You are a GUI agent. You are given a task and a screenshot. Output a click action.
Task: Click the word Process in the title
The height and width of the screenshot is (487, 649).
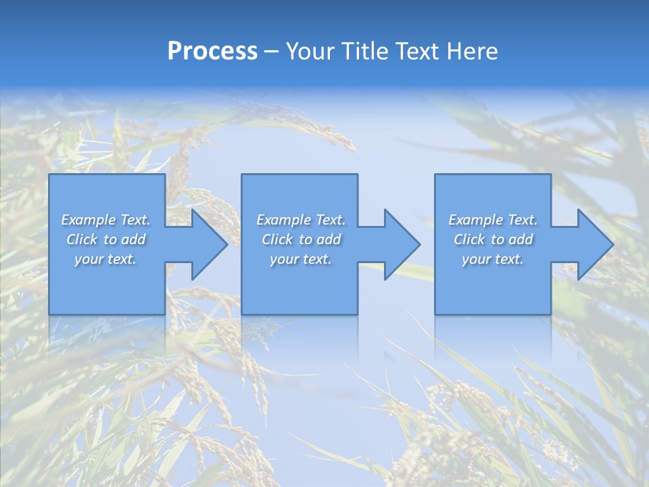212,51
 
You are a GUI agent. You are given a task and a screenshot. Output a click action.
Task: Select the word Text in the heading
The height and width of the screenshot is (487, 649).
416,51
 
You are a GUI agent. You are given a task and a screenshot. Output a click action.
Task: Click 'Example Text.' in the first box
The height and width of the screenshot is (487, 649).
106,220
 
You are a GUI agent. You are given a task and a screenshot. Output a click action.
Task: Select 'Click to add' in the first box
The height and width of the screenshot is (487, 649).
106,239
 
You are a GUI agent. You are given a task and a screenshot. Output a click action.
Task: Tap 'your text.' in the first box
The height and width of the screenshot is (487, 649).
106,259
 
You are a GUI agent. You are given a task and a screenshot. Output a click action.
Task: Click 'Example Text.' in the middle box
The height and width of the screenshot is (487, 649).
301,220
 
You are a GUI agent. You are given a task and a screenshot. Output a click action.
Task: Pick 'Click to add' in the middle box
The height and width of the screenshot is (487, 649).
301,239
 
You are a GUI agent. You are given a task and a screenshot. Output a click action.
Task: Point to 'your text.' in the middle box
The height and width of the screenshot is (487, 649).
301,259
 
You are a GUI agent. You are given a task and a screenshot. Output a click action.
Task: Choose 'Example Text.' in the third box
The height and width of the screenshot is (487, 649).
493,220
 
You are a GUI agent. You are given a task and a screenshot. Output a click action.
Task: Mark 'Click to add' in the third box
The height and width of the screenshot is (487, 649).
493,239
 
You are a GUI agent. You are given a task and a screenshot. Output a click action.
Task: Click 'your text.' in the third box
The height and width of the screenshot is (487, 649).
493,259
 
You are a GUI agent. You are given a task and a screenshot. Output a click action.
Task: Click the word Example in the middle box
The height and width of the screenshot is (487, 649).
282,220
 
